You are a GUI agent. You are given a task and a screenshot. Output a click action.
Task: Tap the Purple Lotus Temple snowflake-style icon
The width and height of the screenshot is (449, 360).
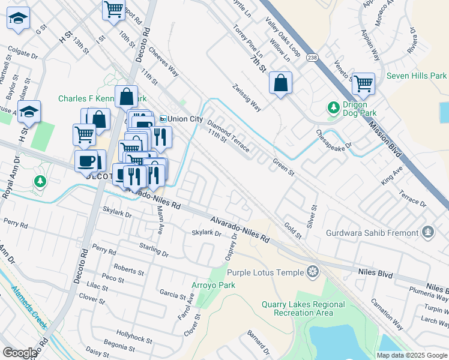312,272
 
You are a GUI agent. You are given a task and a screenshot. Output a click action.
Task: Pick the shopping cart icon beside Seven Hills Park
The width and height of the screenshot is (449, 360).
363,84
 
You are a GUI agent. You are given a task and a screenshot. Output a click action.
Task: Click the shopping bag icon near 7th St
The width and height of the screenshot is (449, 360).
280,83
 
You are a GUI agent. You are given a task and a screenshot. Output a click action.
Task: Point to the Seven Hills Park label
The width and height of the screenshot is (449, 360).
417,76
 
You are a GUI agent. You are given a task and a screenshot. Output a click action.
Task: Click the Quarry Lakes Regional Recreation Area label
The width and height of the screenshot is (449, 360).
303,308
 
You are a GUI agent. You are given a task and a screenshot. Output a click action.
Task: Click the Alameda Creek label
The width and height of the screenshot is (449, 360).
29,306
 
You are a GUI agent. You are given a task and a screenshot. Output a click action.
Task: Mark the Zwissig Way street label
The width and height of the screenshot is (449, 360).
247,98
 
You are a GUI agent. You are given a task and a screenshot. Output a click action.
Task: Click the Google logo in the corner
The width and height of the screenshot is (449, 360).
20,352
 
